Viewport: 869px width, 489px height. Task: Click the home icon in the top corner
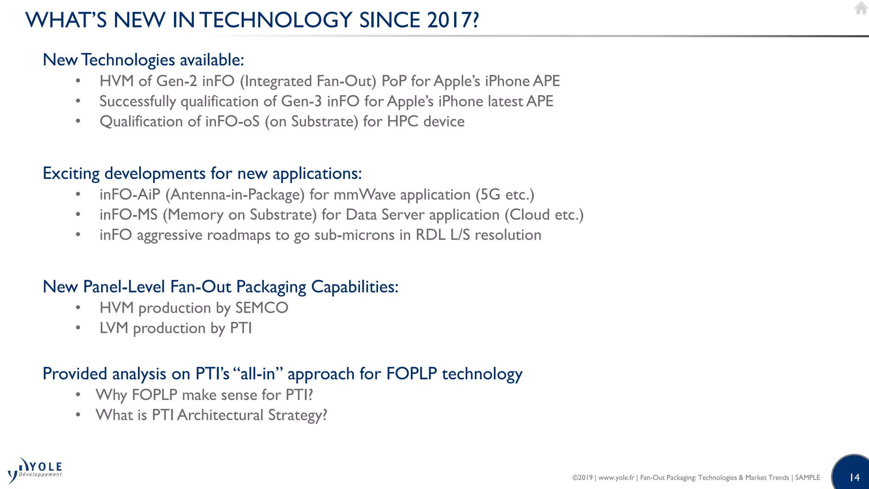coord(861,8)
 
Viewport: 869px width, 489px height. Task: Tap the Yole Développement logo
coord(35,470)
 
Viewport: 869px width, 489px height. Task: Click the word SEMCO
coord(262,308)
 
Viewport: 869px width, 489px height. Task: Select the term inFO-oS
coord(232,122)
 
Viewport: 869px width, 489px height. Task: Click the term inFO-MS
coord(129,215)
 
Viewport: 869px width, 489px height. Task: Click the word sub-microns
coord(354,235)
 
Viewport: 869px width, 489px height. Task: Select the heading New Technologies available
coord(143,60)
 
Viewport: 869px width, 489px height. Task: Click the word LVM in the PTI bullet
coord(114,328)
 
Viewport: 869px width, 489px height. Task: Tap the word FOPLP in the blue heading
coord(411,374)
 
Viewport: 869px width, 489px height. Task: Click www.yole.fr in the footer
coord(616,478)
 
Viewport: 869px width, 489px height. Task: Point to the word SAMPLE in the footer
coord(807,478)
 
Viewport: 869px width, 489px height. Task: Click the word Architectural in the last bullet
coord(220,415)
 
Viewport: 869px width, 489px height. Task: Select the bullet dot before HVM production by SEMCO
coord(78,307)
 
